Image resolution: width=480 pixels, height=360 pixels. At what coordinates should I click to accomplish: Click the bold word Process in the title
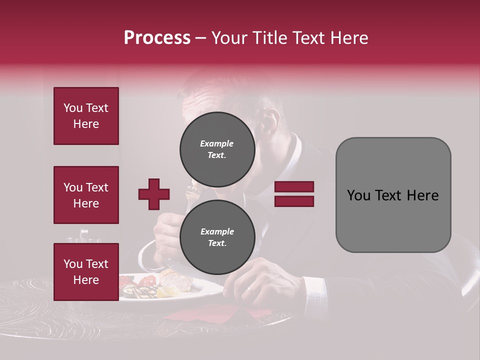157,38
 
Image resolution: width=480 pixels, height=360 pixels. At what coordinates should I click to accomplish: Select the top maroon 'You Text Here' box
86,116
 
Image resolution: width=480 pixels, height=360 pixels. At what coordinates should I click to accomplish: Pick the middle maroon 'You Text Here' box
86,195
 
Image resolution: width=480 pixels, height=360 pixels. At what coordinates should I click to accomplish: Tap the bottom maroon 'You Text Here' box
86,271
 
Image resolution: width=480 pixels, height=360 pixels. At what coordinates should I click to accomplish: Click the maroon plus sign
154,194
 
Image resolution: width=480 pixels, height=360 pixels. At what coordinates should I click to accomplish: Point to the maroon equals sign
294,194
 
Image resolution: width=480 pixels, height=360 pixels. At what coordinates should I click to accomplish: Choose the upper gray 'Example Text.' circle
217,149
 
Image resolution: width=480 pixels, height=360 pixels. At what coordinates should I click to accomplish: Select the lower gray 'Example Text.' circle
217,237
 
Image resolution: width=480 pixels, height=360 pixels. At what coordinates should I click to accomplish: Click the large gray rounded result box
393,194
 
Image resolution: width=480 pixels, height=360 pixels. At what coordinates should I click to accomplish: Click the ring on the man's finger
249,289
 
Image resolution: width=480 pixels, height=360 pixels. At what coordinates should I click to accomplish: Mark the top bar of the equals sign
294,187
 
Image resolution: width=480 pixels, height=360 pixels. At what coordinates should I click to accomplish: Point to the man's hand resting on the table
260,282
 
